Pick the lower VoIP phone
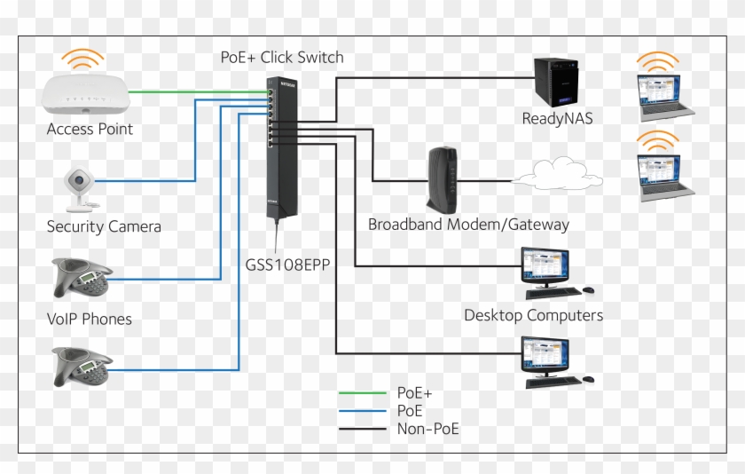coord(82,364)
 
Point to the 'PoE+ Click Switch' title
coord(282,58)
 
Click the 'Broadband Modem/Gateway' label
coord(468,225)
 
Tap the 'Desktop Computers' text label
coord(533,315)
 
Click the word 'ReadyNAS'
coord(556,118)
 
